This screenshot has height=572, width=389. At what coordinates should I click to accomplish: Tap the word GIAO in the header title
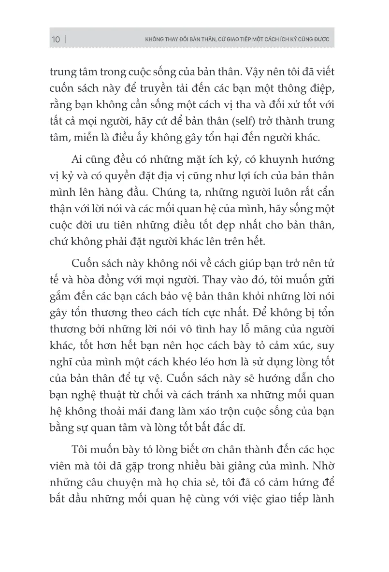[x=216, y=40]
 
